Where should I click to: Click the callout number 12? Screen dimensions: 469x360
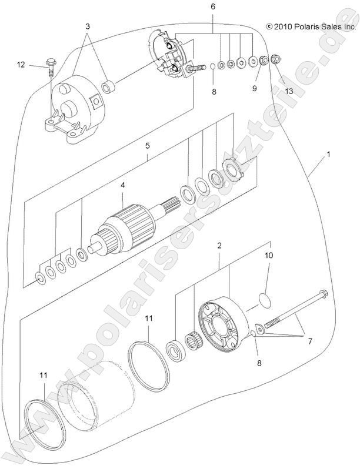21,65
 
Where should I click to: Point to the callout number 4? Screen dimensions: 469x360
122,185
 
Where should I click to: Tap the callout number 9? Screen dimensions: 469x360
255,88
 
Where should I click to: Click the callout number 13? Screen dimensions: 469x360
288,91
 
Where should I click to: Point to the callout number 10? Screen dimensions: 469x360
268,256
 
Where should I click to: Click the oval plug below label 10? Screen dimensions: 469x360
266,300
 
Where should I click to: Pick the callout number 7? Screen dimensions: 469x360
309,340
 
